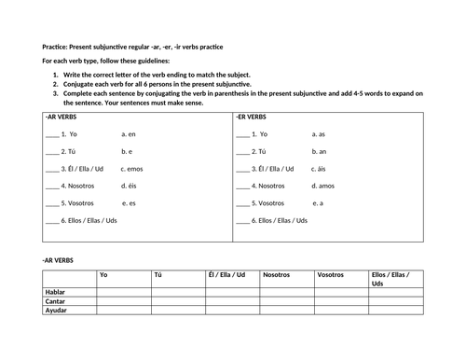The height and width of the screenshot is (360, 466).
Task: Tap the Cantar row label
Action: click(x=57, y=301)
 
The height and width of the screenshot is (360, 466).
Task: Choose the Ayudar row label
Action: click(x=57, y=310)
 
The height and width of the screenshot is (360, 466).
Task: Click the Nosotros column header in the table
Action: click(x=277, y=275)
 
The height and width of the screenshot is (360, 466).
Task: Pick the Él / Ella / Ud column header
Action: click(x=226, y=275)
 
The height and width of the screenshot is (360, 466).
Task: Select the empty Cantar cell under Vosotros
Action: click(x=340, y=301)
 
